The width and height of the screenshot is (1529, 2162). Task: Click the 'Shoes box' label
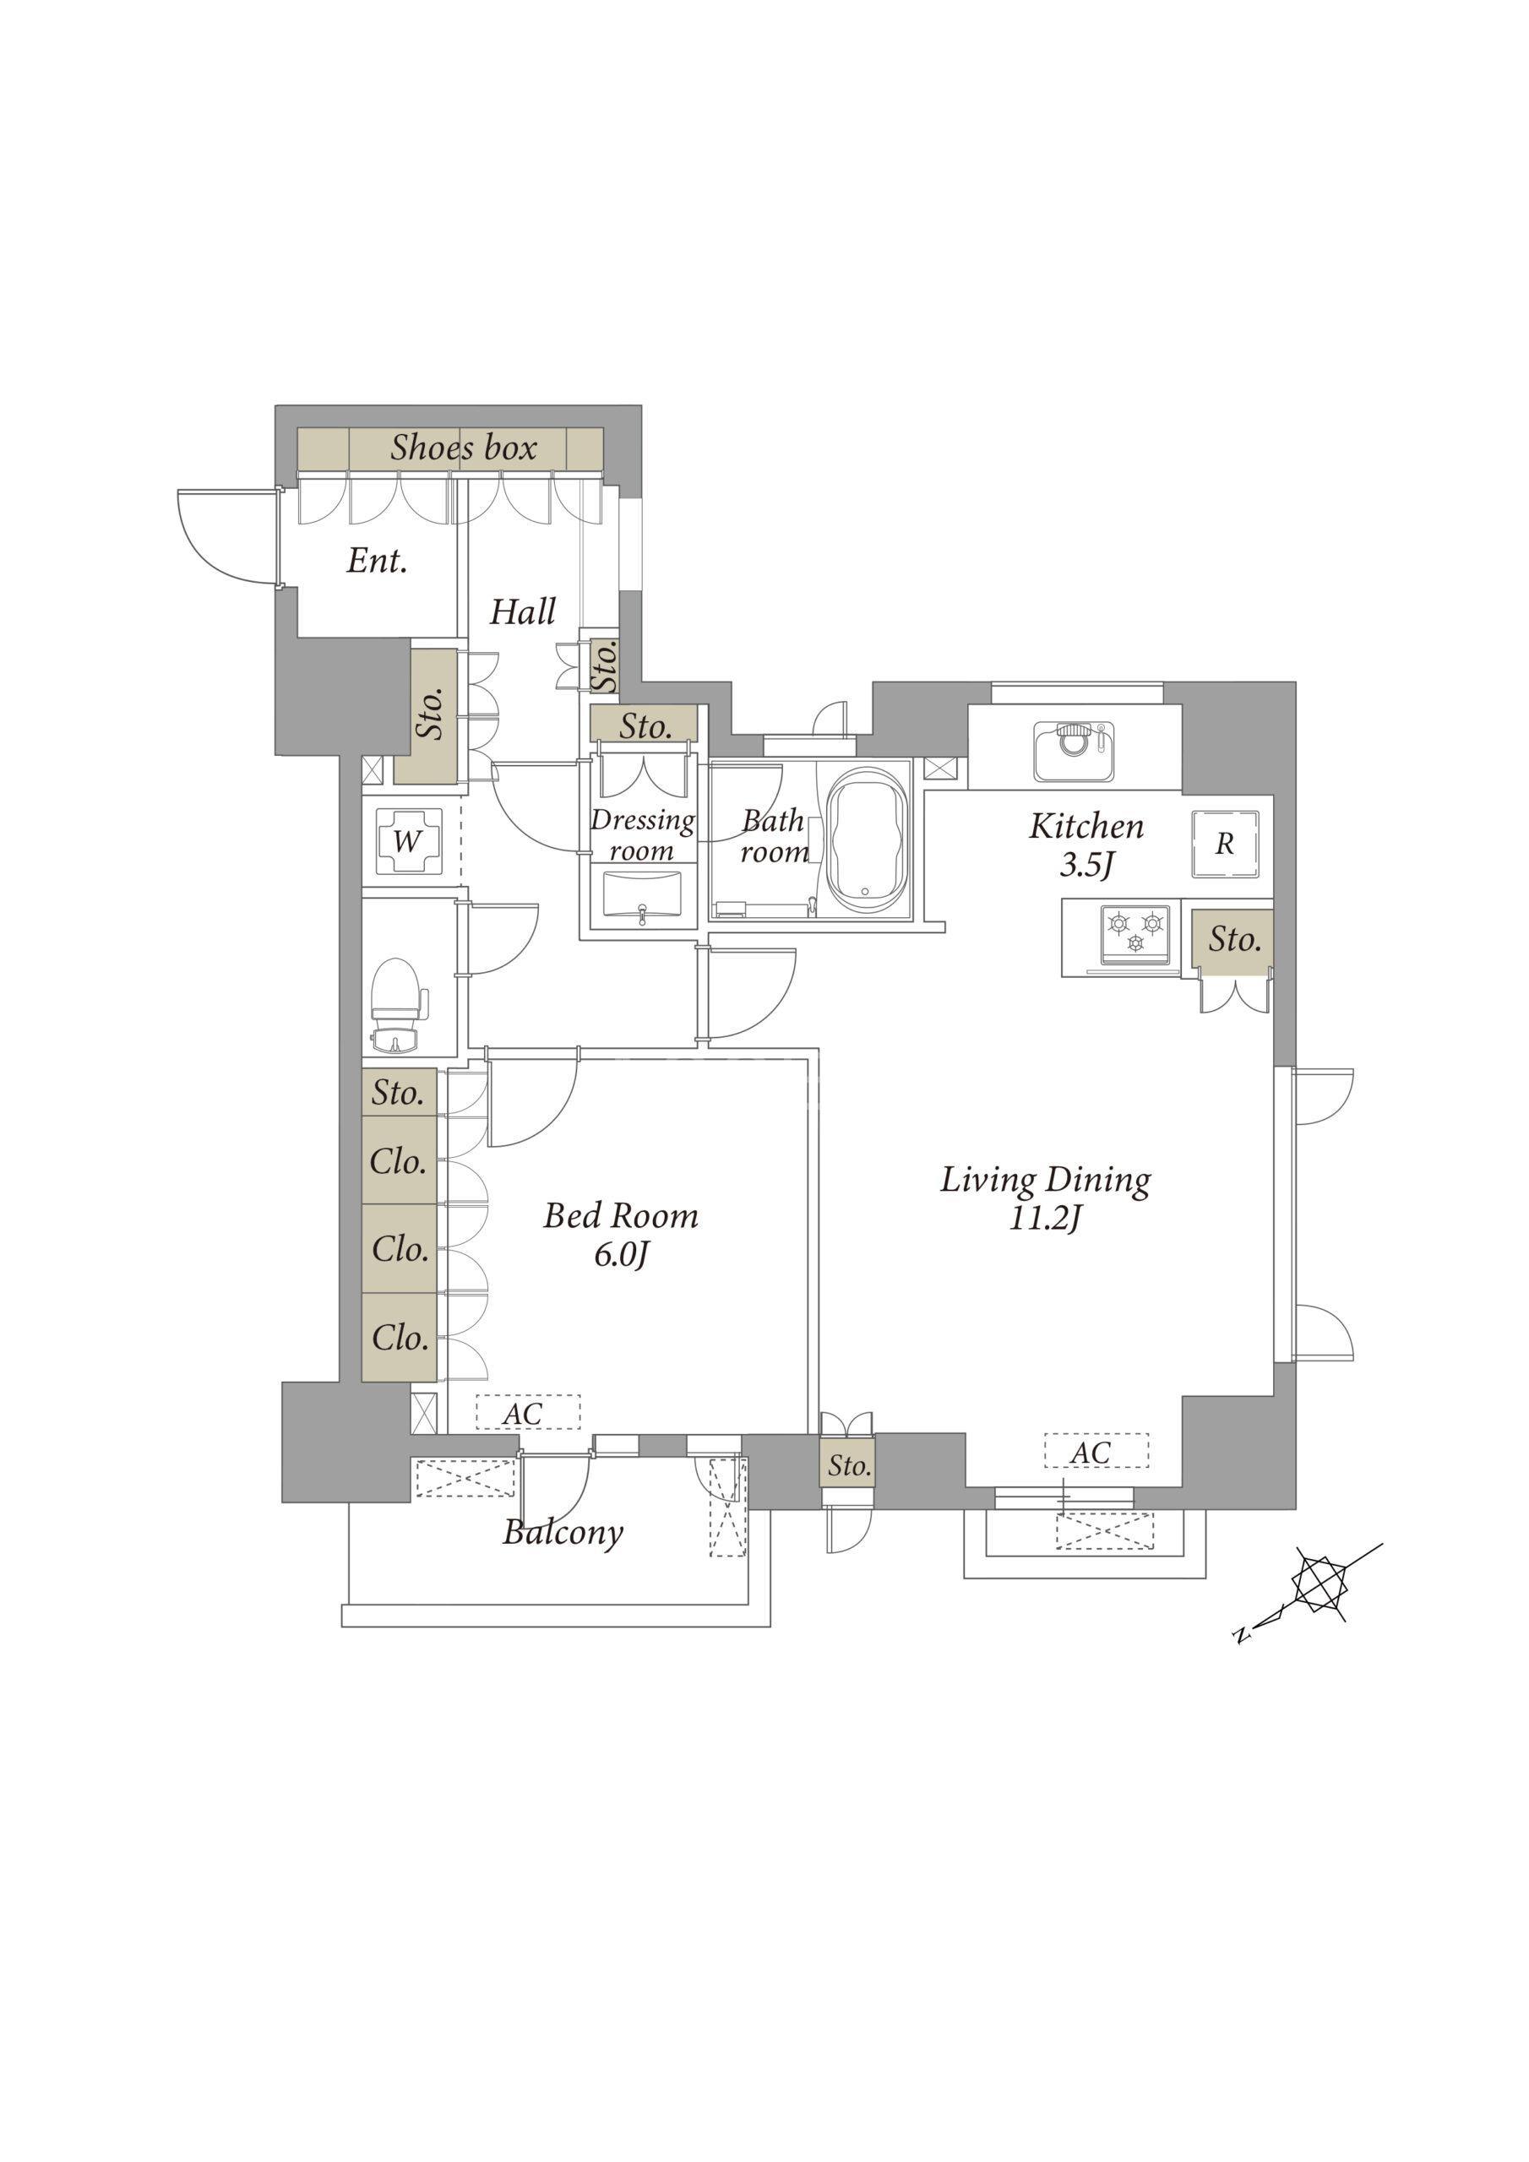pyautogui.click(x=464, y=448)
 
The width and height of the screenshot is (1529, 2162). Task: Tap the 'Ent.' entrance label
pyautogui.click(x=377, y=562)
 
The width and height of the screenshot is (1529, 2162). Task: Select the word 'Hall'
pyautogui.click(x=523, y=612)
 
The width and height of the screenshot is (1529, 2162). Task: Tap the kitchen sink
pyautogui.click(x=1074, y=752)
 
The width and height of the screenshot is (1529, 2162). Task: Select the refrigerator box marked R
pyautogui.click(x=1225, y=844)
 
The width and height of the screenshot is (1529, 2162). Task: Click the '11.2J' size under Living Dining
pyautogui.click(x=1046, y=1220)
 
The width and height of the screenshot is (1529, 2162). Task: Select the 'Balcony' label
pyautogui.click(x=563, y=1533)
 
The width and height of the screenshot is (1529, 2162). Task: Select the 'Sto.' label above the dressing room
pyautogui.click(x=645, y=726)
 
